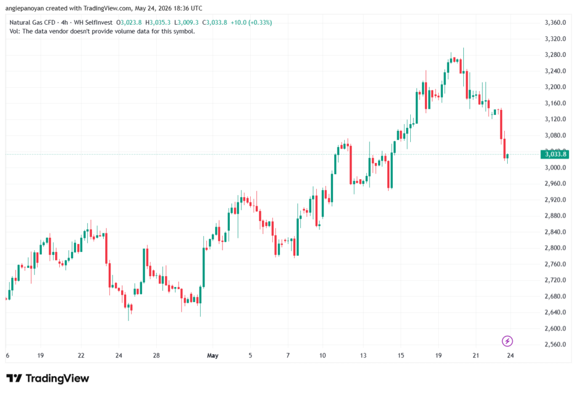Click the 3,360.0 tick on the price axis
tap(555, 23)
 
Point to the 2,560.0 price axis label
tap(555, 344)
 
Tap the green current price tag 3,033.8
tap(555, 154)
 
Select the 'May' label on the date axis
tap(212, 355)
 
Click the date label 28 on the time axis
tap(157, 355)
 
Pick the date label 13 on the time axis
tap(363, 355)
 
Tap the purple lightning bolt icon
tap(507, 341)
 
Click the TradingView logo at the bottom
tap(48, 378)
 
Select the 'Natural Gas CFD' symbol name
tap(32, 23)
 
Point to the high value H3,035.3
tap(158, 23)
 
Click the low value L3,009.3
tap(186, 23)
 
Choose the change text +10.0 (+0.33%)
tap(251, 23)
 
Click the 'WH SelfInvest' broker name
tap(93, 23)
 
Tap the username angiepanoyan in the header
tap(25, 8)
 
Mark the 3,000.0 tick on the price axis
tap(555, 167)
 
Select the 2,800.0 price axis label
tap(555, 248)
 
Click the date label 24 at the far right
tap(510, 355)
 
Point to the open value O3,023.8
tap(129, 23)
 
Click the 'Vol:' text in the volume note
tap(15, 32)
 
